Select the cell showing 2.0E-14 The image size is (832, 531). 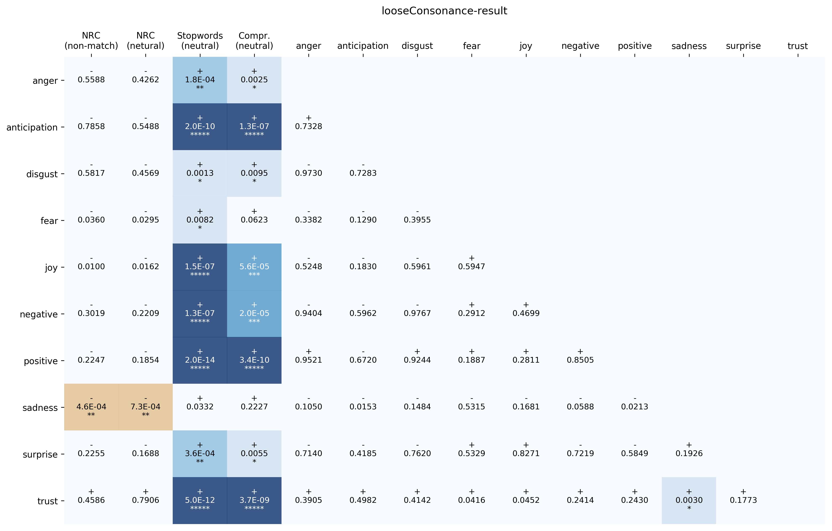[200, 360]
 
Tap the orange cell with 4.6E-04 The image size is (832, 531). [91, 407]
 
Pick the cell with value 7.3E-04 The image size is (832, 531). [145, 407]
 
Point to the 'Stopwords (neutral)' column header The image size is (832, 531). [200, 41]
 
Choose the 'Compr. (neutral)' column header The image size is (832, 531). [254, 41]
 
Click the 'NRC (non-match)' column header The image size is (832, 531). [91, 41]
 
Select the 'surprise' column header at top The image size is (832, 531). [743, 46]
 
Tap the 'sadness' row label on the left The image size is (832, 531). [40, 408]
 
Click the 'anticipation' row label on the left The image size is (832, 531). [32, 128]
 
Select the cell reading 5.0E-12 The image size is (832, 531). [200, 500]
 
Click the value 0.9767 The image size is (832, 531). [417, 313]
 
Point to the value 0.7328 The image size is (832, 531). [309, 126]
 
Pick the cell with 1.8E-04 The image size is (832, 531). [200, 80]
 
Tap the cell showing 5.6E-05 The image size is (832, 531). [254, 266]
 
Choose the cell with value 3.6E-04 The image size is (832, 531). [200, 453]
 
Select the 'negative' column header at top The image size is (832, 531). [580, 46]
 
